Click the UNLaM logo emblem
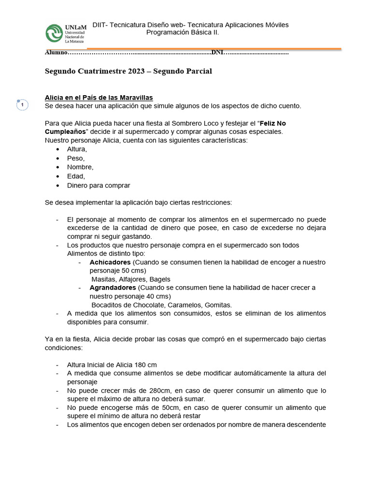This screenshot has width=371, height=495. coord(55,33)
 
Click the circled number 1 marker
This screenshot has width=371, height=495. coord(22,105)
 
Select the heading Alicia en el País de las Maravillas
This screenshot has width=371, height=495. coord(99,97)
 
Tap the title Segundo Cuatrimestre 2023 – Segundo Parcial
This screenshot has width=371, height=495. coord(128,71)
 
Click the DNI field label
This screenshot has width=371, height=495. coord(217,52)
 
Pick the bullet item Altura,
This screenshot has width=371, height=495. coord(77,149)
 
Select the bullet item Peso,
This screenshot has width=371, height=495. coord(76,158)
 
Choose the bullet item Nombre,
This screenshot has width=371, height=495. coord(80,167)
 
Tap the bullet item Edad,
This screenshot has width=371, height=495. coord(76,176)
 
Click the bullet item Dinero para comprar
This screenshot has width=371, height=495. coord(99,185)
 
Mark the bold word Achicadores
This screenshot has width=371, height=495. coord(110,262)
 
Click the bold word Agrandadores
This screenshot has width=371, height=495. coord(113,288)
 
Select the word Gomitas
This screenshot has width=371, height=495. coord(218,305)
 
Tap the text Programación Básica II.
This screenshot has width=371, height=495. coord(183,32)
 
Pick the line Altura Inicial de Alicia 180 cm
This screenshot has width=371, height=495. coord(112,364)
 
